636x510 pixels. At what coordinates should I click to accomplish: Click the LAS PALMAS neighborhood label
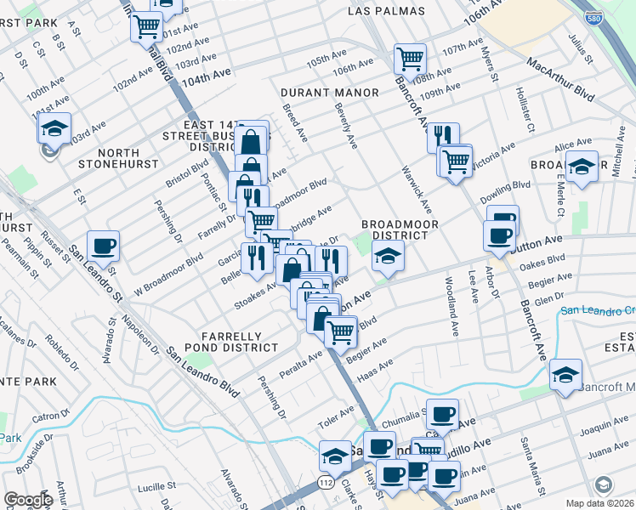click(x=383, y=10)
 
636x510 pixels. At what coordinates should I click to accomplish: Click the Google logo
click(x=28, y=500)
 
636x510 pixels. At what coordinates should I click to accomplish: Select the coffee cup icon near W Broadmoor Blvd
click(x=103, y=246)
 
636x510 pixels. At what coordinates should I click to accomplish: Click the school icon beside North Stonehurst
click(x=54, y=129)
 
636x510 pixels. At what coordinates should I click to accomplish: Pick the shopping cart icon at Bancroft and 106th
click(x=410, y=59)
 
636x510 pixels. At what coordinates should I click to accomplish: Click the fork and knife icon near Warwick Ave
click(x=442, y=137)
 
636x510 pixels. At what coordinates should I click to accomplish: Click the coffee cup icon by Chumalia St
click(x=441, y=414)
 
